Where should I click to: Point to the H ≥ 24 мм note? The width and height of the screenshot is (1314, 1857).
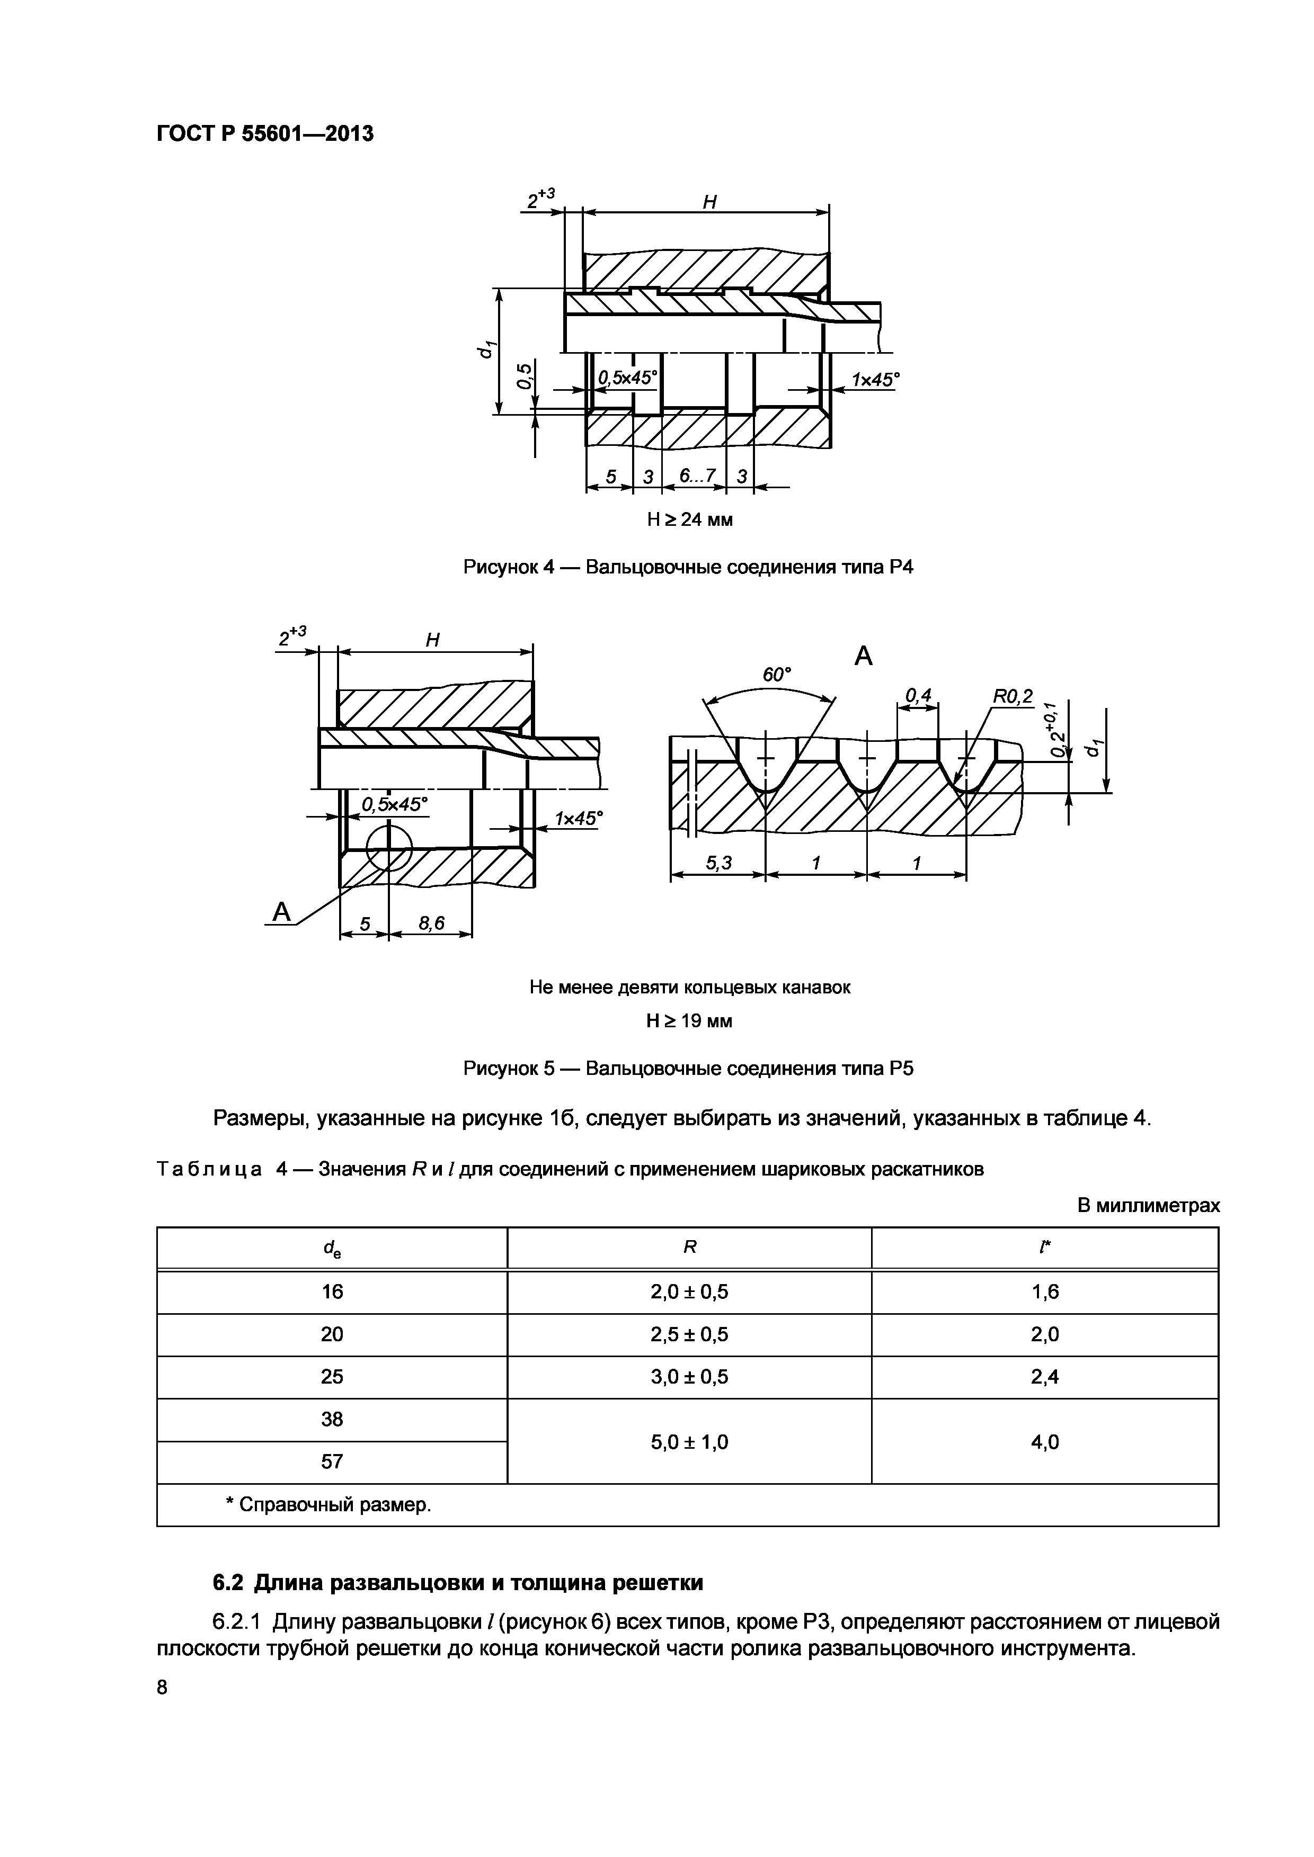(689, 519)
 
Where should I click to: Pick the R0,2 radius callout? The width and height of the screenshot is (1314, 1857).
(1012, 696)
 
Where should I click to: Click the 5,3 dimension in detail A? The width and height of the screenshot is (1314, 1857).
(718, 863)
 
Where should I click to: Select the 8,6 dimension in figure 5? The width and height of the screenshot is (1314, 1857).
(430, 923)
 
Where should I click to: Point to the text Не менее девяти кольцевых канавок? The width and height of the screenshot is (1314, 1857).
(689, 988)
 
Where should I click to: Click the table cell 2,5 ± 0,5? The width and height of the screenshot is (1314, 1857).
(689, 1334)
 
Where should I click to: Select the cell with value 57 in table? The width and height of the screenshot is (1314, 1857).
(332, 1461)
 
